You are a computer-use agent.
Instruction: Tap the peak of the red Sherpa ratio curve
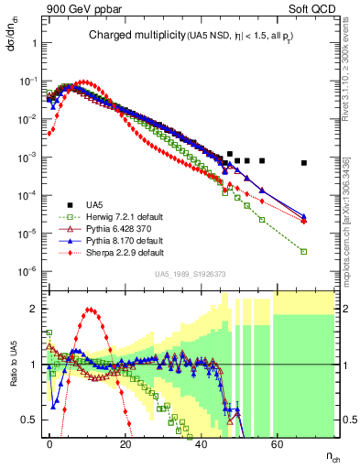coord(89,311)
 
